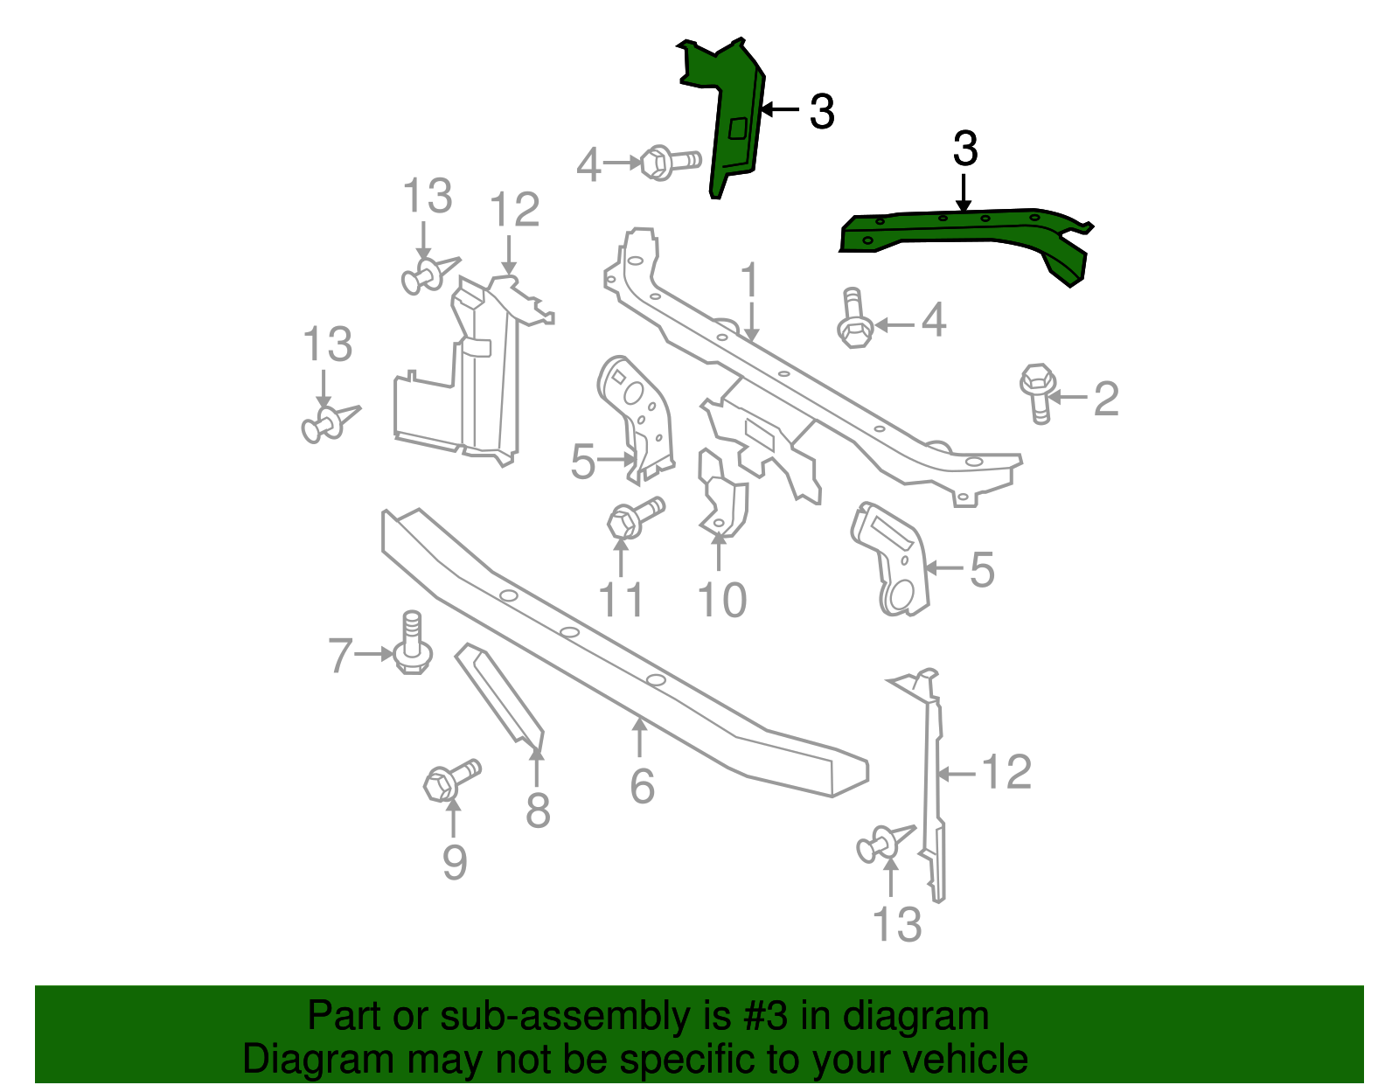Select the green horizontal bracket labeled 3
(x=962, y=231)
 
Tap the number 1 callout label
(x=749, y=281)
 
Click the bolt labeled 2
(x=1038, y=391)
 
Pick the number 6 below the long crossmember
(x=642, y=787)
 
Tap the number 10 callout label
(x=721, y=601)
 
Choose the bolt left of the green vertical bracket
(x=669, y=163)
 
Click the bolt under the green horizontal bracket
(x=854, y=321)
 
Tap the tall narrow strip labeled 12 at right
(x=933, y=787)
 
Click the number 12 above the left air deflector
(x=514, y=211)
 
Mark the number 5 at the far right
(x=982, y=570)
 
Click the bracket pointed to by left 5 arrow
(x=638, y=420)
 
